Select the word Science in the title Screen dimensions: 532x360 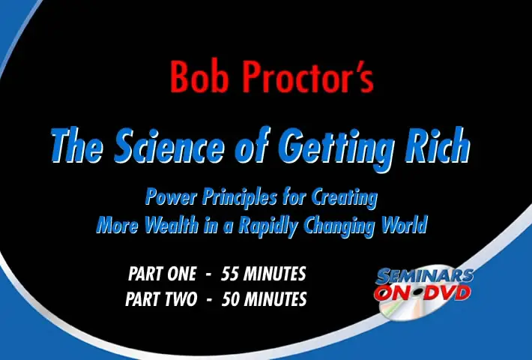[x=169, y=145]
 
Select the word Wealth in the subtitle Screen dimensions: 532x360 [x=172, y=224]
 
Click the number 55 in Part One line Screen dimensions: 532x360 [x=230, y=274]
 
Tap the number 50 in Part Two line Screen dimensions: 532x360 [x=230, y=299]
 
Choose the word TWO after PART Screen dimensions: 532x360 [x=181, y=299]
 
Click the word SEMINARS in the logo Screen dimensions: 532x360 [x=424, y=277]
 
